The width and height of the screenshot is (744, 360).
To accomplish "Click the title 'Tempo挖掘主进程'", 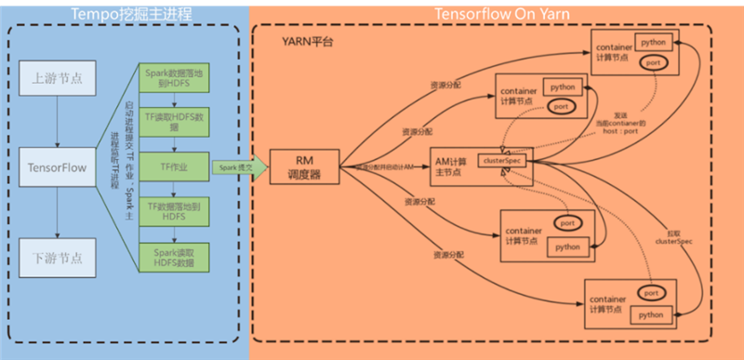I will [125, 12].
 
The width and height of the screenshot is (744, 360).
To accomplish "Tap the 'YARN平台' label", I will [308, 43].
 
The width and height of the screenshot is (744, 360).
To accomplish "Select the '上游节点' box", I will [58, 78].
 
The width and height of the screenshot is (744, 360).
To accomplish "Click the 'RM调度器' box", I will [301, 167].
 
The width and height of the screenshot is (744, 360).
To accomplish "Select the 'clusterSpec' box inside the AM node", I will [502, 161].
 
